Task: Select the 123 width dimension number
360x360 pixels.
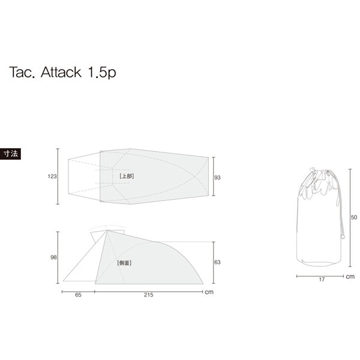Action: tap(52, 176)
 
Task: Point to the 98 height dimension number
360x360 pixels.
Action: tap(53, 257)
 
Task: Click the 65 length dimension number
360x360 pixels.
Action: tap(79, 296)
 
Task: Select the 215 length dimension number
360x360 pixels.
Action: tap(148, 296)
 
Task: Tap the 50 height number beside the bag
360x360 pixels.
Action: tap(354, 217)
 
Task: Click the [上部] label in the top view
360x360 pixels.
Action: tap(127, 176)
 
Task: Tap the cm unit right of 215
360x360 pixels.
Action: tap(209, 293)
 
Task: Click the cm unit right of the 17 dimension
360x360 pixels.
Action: tap(350, 277)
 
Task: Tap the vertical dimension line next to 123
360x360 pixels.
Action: tap(58, 176)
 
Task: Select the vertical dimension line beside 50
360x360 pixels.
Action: tap(350, 217)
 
